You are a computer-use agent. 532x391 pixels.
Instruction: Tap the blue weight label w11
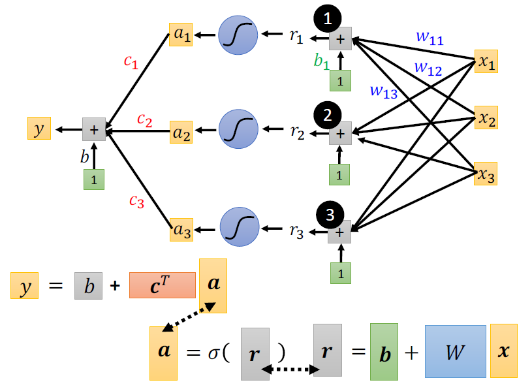click(430, 39)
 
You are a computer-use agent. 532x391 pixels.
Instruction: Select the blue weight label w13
click(383, 91)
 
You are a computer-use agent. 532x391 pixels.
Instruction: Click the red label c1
click(131, 61)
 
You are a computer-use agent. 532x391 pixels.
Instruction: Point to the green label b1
click(321, 62)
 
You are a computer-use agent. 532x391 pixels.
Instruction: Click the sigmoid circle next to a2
click(238, 130)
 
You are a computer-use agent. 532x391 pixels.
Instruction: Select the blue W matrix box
click(455, 351)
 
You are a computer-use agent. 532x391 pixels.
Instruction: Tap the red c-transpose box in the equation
click(163, 285)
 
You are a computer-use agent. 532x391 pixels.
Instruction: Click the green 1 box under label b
click(94, 180)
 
